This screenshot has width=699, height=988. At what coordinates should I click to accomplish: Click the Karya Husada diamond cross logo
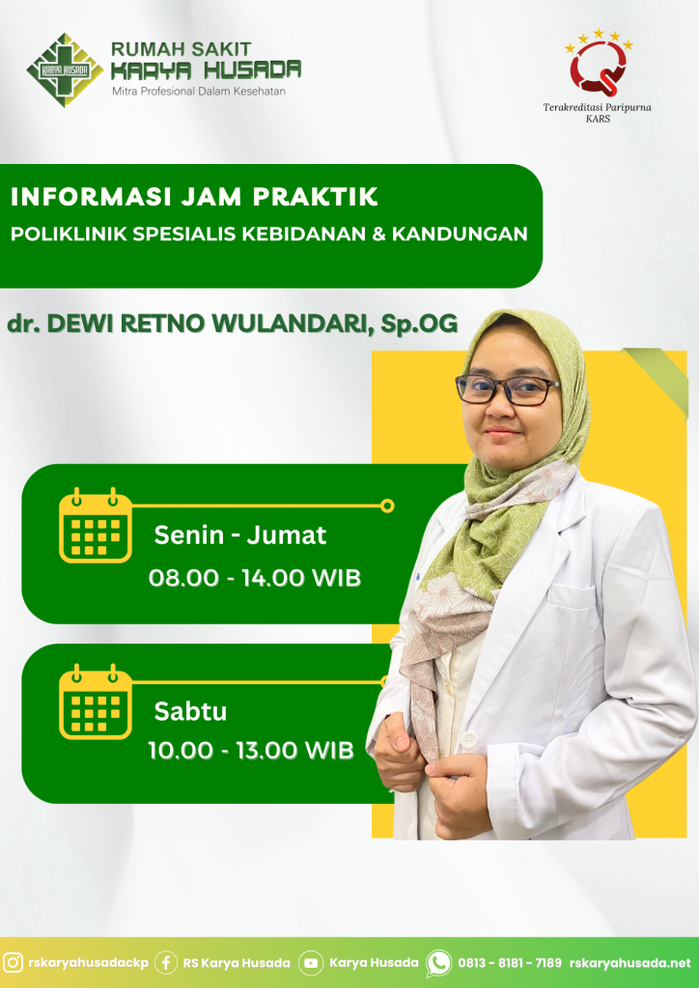(65, 69)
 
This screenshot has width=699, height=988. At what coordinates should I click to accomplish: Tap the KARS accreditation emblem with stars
(599, 62)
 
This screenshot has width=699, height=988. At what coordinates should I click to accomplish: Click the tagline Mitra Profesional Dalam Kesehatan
(199, 92)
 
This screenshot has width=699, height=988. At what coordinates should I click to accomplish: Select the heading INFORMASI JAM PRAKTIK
(194, 197)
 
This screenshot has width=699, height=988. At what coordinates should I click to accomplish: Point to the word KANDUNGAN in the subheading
(460, 233)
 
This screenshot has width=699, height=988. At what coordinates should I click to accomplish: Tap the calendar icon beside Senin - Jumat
(96, 525)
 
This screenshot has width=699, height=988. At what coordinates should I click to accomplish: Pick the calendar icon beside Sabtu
(96, 701)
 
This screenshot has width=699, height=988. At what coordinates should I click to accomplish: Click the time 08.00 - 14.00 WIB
(255, 577)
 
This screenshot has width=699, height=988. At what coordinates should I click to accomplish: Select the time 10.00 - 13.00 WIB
(251, 750)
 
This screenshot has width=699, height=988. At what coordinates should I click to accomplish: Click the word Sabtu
(190, 711)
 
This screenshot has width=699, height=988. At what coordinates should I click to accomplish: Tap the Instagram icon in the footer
(13, 963)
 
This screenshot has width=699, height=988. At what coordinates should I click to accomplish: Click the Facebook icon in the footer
(166, 963)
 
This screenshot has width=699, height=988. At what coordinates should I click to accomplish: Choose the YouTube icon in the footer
(310, 963)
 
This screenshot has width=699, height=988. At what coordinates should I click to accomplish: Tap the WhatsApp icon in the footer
(438, 963)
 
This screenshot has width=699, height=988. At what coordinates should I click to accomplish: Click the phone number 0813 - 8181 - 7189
(509, 963)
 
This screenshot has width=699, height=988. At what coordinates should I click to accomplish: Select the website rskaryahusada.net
(630, 963)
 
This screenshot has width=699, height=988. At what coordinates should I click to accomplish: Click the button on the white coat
(468, 738)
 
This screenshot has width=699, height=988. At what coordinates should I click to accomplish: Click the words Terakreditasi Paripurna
(597, 107)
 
